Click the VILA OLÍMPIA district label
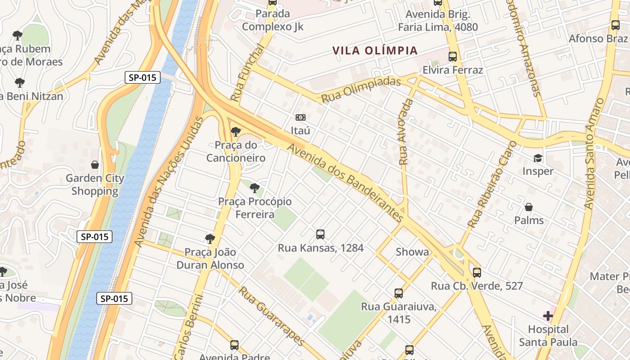(375, 50)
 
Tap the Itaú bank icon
(301, 117)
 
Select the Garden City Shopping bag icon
(95, 165)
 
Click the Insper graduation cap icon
(538, 158)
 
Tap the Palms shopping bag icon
(529, 207)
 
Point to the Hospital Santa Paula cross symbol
(548, 315)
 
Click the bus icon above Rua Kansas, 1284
(320, 234)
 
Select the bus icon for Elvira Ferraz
(453, 57)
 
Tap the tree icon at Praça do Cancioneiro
(235, 131)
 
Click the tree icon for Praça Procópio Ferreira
(255, 188)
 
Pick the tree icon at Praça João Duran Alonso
(210, 238)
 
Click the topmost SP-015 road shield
(142, 77)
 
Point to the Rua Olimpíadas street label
(360, 89)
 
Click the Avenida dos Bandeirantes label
(345, 182)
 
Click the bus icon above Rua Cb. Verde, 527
(477, 272)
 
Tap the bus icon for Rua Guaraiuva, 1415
(399, 293)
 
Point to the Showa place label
(412, 252)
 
